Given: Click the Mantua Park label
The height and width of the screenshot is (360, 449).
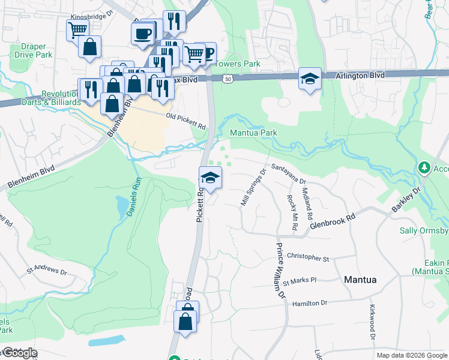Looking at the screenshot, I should click(x=253, y=132).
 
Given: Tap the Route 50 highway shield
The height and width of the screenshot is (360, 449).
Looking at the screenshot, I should click(x=228, y=78).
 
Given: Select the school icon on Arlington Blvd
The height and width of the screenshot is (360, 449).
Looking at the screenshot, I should click(x=310, y=79).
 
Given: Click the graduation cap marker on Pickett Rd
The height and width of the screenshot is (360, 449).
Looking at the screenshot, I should click(x=210, y=178).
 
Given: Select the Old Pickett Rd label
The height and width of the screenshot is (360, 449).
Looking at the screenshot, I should click(x=185, y=122).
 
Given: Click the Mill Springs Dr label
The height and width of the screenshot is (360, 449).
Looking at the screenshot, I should click(x=253, y=188).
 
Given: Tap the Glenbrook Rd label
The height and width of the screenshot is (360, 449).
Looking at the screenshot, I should click(x=333, y=220).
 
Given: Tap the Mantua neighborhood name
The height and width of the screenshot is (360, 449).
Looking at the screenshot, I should click(x=360, y=280).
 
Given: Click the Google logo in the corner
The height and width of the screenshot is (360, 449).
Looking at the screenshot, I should click(x=19, y=352).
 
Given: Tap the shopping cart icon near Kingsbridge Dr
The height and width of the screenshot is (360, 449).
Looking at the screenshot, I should click(x=77, y=29).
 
